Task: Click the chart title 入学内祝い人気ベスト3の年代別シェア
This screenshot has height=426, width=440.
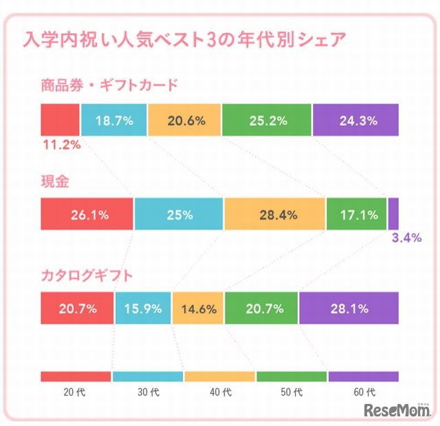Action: coord(184,39)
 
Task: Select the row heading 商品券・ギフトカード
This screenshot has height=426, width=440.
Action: coord(109,86)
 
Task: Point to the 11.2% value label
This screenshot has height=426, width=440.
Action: coord(61,145)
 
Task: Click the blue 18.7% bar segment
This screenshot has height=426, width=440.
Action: coord(114,120)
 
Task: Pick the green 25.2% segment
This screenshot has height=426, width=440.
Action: coord(267,120)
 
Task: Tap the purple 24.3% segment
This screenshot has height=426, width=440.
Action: coord(356,120)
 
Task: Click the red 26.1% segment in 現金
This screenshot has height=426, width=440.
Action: coord(87,214)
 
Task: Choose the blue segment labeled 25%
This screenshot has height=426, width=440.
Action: coord(179,214)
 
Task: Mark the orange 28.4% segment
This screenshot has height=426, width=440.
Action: coord(275,214)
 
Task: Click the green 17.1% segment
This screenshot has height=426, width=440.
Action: coord(356,214)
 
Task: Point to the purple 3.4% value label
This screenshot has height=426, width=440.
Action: coord(406,239)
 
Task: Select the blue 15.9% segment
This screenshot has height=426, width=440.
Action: coord(142,308)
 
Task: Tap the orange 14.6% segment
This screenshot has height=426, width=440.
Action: coord(198,308)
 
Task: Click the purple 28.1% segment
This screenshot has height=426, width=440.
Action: coord(349,308)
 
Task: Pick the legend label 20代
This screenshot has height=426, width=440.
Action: coord(75,393)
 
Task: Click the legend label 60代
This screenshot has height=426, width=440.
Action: coord(364,393)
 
